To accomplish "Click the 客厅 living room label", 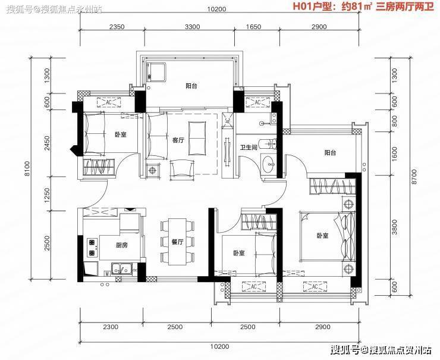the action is click(x=178, y=140).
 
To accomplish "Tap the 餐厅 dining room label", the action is click(x=178, y=242).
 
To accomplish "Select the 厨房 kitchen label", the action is click(x=122, y=245).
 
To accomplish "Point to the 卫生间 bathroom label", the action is click(x=249, y=148).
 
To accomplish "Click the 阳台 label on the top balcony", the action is click(x=191, y=86).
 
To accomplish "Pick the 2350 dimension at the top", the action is click(x=117, y=27).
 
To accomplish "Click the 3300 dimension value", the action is click(x=193, y=27).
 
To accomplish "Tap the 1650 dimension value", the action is click(x=254, y=27).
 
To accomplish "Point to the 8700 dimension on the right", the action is click(x=414, y=176).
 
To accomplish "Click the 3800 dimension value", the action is click(x=395, y=227).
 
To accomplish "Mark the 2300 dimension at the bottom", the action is click(x=111, y=327).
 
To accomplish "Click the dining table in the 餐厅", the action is click(x=177, y=242).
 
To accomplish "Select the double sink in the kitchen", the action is click(x=122, y=269).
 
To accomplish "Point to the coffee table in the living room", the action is click(x=197, y=138).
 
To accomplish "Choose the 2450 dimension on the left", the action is click(x=47, y=143).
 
